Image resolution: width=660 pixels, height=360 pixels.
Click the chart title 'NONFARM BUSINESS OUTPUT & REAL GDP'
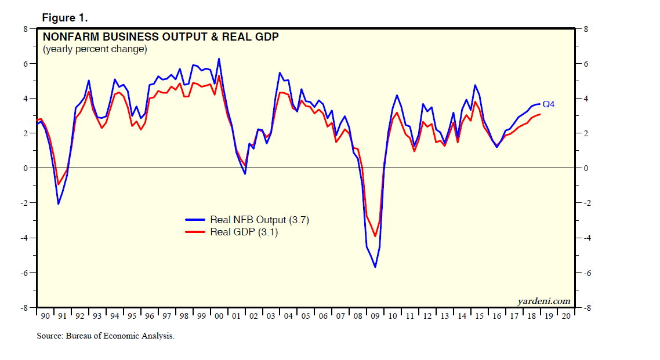161,37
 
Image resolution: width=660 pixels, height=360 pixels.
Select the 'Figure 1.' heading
65,18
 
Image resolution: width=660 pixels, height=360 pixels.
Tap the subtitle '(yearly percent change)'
95,49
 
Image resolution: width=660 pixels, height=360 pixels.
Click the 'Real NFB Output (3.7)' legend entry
244,220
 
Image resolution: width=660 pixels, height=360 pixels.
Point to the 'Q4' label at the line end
549,104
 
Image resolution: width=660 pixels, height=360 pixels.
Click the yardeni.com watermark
543,301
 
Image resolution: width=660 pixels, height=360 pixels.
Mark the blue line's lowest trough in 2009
375,267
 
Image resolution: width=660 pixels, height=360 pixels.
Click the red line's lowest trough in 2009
375,237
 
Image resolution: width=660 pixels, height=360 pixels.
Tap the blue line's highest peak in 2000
219,59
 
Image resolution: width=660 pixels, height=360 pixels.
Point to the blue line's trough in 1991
58,204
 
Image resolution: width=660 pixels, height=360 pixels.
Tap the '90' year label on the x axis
45,316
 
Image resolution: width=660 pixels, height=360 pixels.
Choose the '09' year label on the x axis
375,316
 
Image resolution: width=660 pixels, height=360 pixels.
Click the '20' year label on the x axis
566,316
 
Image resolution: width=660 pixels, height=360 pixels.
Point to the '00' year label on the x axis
219,316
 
